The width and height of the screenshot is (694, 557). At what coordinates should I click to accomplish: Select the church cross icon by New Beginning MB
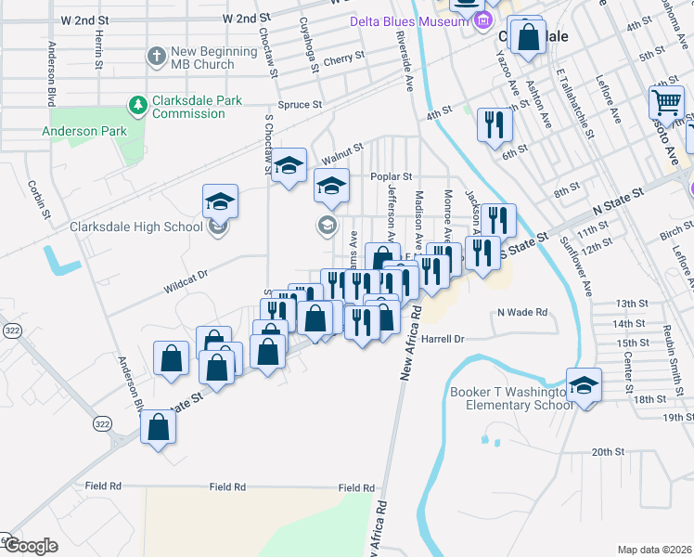pos(156,57)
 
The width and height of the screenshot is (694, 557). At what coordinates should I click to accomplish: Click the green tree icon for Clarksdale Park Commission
pos(138,106)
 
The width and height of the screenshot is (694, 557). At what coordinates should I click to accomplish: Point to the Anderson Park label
pos(84,131)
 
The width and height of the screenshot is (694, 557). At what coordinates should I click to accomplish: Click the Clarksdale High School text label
pos(136,227)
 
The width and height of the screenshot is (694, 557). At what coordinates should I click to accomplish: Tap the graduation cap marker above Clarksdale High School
pos(221,201)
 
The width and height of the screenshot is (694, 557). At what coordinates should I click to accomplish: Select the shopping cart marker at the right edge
pos(666,102)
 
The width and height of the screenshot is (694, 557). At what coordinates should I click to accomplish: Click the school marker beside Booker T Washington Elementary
pos(584,384)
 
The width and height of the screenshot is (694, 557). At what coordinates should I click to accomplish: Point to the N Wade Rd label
pos(523,312)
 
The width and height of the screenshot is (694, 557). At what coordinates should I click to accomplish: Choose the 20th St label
pos(609,452)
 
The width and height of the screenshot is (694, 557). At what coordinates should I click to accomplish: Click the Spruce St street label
pos(304,105)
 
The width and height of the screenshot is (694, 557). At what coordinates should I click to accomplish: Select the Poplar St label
pos(390,175)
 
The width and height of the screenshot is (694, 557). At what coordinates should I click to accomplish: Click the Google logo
pos(30,546)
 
